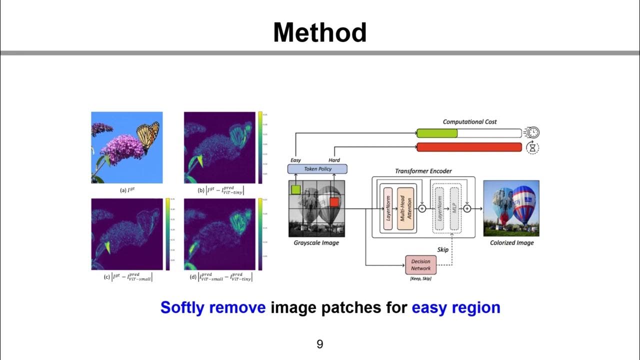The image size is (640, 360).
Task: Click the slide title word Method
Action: click(320, 33)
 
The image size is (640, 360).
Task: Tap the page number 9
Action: click(320, 344)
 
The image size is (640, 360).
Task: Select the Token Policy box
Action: click(317, 169)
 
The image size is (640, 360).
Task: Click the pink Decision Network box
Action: click(421, 265)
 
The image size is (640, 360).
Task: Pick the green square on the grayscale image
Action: click(295, 189)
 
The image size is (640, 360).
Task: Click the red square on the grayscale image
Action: click(334, 201)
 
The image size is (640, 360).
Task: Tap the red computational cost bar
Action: click(469, 147)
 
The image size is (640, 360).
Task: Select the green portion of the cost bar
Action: click(437, 133)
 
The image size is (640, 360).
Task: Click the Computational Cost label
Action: click(469, 121)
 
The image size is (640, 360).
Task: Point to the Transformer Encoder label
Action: click(423, 171)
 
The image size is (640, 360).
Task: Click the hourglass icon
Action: click(533, 147)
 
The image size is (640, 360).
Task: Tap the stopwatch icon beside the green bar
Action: click(533, 132)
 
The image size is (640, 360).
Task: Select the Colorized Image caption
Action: click(511, 242)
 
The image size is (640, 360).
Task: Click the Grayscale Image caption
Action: click(316, 242)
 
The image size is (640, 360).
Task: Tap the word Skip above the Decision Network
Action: click(443, 248)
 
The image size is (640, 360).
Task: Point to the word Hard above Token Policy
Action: click(334, 160)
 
